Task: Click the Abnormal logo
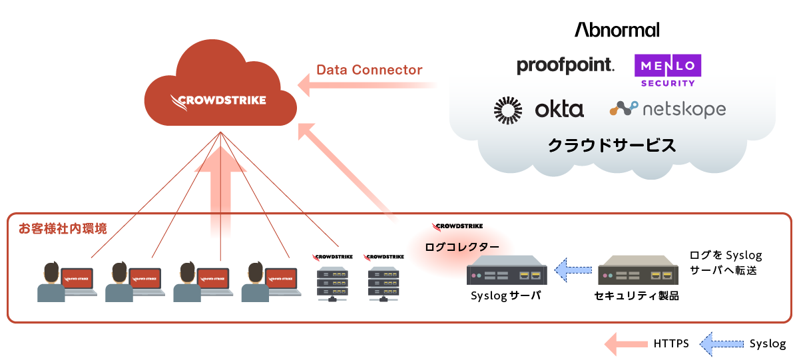pyautogui.click(x=617, y=30)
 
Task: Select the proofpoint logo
pyautogui.click(x=565, y=65)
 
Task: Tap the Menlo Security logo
pyautogui.click(x=667, y=71)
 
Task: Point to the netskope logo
pyautogui.click(x=667, y=108)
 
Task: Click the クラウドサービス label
pyautogui.click(x=611, y=145)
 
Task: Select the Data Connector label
pyautogui.click(x=369, y=70)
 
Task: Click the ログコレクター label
pyautogui.click(x=461, y=246)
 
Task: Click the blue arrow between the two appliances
pyautogui.click(x=573, y=270)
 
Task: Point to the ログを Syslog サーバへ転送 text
pyautogui.click(x=726, y=263)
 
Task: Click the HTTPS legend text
pyautogui.click(x=670, y=343)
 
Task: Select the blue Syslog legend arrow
pyautogui.click(x=722, y=343)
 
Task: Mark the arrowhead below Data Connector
pyautogui.click(x=306, y=85)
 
